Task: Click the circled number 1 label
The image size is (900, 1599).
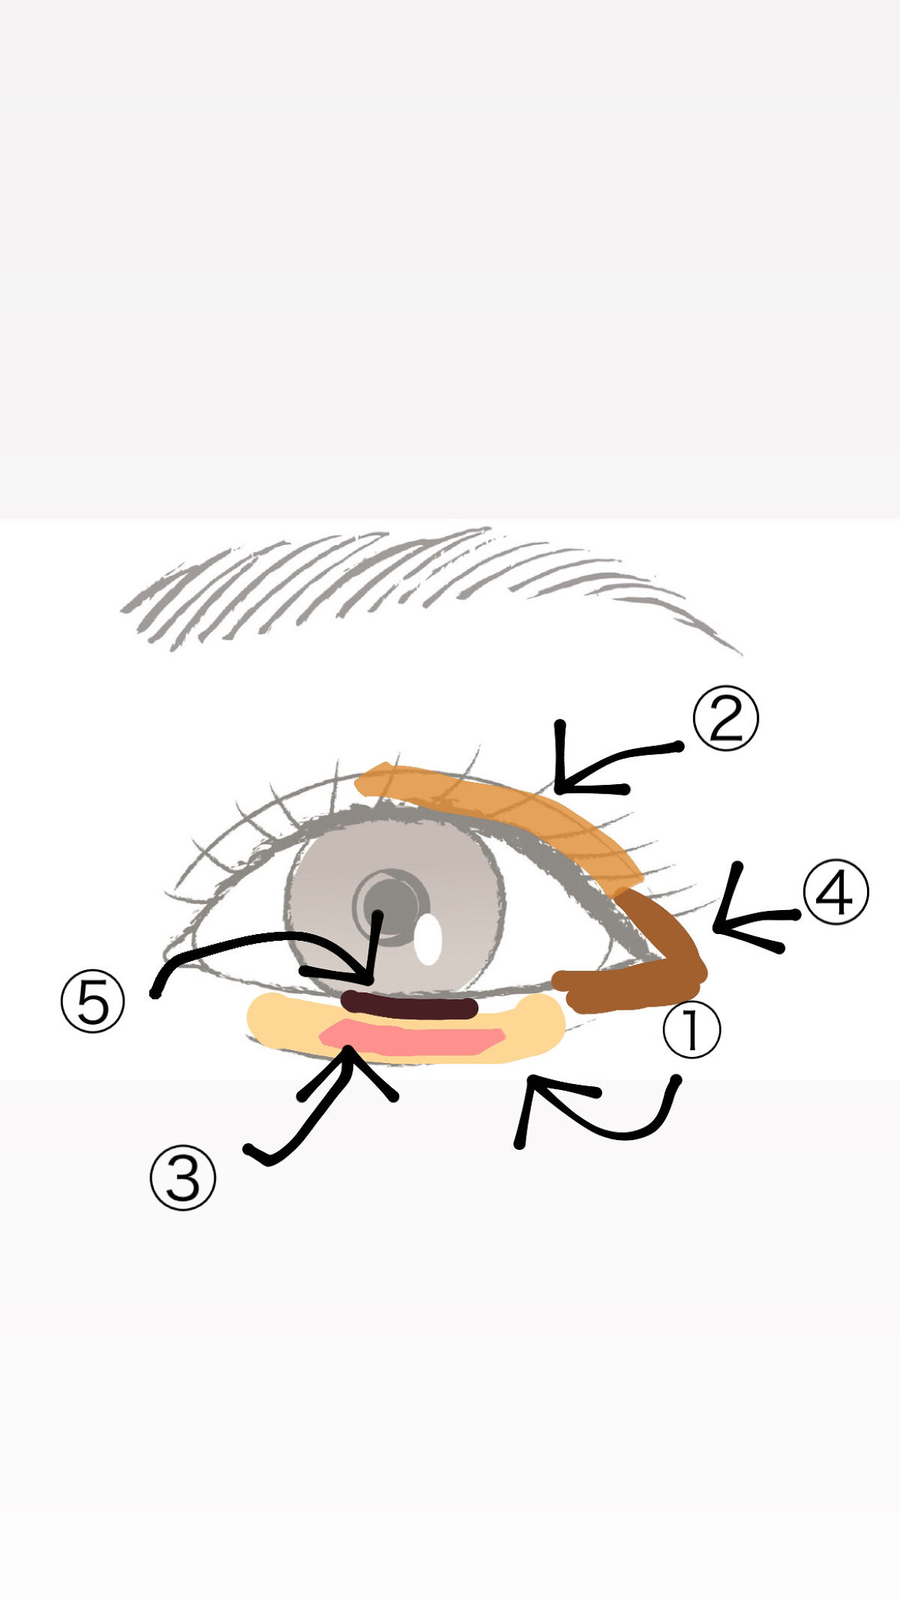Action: click(691, 1030)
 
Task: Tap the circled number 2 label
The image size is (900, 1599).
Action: click(725, 718)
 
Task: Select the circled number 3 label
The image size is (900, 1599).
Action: click(183, 1178)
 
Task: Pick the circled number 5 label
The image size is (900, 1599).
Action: click(93, 1002)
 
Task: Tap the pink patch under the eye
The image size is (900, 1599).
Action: click(412, 1038)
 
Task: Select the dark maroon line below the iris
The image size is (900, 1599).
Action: click(409, 1006)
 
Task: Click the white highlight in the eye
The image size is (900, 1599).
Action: click(427, 939)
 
